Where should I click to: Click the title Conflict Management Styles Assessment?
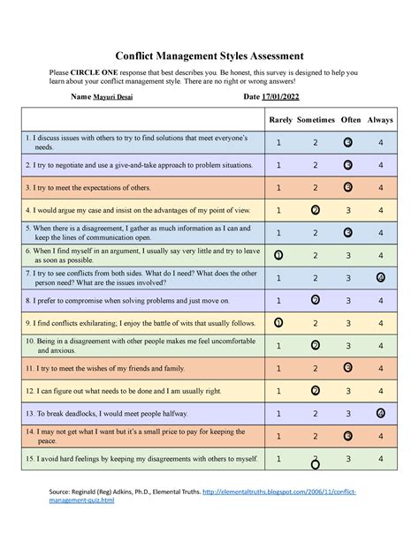click(209, 56)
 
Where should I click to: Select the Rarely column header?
click(279, 118)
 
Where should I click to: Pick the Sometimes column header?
click(315, 118)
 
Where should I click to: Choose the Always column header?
click(380, 118)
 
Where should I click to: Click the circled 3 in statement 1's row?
click(348, 142)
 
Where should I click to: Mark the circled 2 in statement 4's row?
click(316, 210)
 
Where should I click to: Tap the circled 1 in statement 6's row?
click(279, 255)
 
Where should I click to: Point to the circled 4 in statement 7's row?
click(380, 277)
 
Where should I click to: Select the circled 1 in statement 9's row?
click(279, 323)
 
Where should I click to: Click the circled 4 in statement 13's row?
click(380, 413)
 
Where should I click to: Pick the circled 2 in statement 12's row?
click(316, 390)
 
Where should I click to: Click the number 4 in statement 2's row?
click(380, 165)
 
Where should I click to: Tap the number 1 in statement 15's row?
click(279, 459)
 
